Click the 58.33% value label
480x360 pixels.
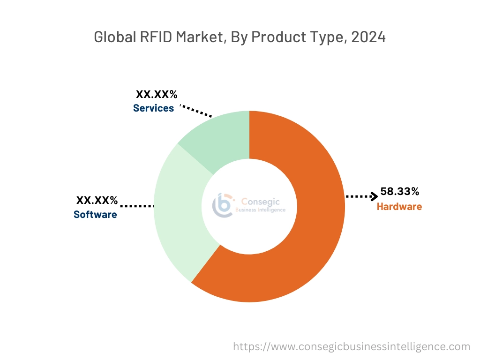[399, 191]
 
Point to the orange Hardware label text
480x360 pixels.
[399, 206]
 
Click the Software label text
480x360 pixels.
[95, 215]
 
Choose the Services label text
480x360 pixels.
[153, 108]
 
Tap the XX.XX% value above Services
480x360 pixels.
[157, 95]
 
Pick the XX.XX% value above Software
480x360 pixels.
[97, 201]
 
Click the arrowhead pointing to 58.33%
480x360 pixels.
[374, 196]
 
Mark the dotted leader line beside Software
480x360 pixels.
[137, 206]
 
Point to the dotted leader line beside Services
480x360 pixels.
[197, 111]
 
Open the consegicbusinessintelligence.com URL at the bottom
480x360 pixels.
[352, 347]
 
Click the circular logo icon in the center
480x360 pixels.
[223, 205]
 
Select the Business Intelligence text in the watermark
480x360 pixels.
[260, 210]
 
